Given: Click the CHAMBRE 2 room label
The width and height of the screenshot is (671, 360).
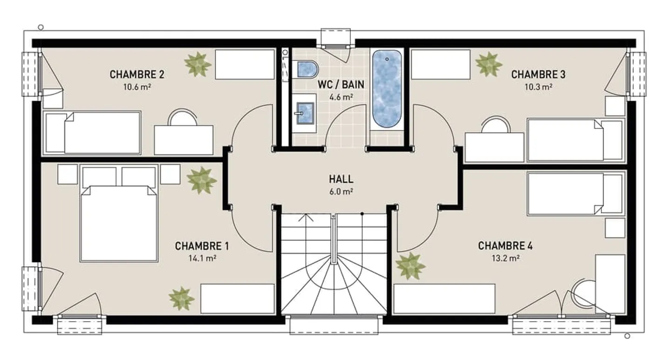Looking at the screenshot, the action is pos(137,75).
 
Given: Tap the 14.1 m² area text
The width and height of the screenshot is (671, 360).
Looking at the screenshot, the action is pos(203,258).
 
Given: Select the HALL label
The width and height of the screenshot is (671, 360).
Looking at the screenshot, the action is pos(341,179).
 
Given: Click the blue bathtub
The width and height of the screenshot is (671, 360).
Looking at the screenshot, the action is pos(387,89).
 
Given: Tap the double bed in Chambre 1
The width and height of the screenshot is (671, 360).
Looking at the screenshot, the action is pos(119,213).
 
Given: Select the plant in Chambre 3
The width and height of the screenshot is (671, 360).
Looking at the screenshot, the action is pos(488,64).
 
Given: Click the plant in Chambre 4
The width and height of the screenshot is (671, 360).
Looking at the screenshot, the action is pos(410,265).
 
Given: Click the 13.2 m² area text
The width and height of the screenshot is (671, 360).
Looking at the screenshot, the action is pos(506,258).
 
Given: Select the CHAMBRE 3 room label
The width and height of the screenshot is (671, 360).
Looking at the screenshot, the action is pos(538,75).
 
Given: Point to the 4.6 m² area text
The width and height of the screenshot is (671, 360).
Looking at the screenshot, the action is pos(341,97).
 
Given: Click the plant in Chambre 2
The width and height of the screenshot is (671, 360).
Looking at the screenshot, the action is pos(198,64).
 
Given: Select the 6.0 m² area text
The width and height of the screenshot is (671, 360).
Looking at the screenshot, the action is pos(341,192).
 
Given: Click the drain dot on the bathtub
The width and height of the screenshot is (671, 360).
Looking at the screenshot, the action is pos(387,59).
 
